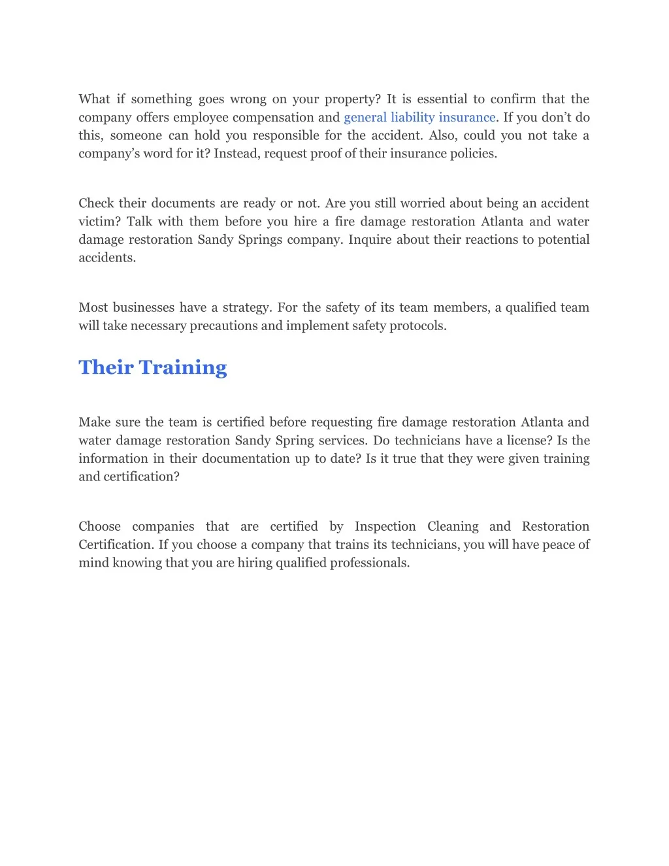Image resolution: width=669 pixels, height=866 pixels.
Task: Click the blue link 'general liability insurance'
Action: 419,118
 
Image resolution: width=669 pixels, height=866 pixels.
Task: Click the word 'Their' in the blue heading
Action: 106,367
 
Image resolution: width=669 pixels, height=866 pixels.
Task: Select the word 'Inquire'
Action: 370,240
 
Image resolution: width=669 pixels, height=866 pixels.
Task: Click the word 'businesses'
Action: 144,308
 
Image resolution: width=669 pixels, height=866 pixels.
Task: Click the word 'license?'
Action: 526,441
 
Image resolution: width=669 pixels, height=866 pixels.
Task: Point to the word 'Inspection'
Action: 385,527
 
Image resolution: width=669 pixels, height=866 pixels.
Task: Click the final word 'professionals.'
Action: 370,563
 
